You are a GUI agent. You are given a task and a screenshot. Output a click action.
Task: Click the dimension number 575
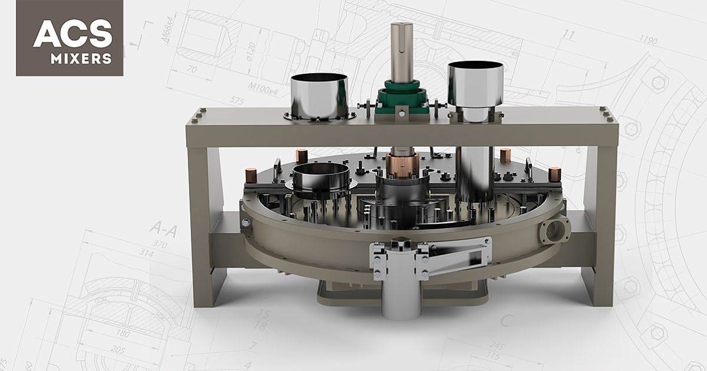(236, 101)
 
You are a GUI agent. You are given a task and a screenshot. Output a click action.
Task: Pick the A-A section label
(163, 228)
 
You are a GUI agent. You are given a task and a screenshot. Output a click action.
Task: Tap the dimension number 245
(497, 345)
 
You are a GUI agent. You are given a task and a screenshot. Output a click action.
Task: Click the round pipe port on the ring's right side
(554, 231)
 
